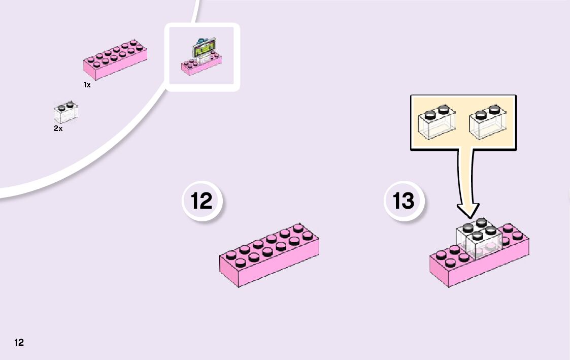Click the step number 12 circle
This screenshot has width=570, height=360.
pos(202,201)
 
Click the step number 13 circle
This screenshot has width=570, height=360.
pos(404,201)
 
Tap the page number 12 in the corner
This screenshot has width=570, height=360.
pos(19,342)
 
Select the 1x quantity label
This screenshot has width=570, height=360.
pos(87,85)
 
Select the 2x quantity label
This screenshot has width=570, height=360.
pos(58,129)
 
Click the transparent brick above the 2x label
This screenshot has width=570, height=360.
pos(65,112)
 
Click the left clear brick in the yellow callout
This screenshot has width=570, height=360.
pos(436,123)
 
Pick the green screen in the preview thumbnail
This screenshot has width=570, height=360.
pos(203,50)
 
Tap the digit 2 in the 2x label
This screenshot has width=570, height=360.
pos(56,129)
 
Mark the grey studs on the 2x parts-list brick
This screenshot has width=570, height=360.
pos(64,106)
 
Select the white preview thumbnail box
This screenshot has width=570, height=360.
pos(202,57)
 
